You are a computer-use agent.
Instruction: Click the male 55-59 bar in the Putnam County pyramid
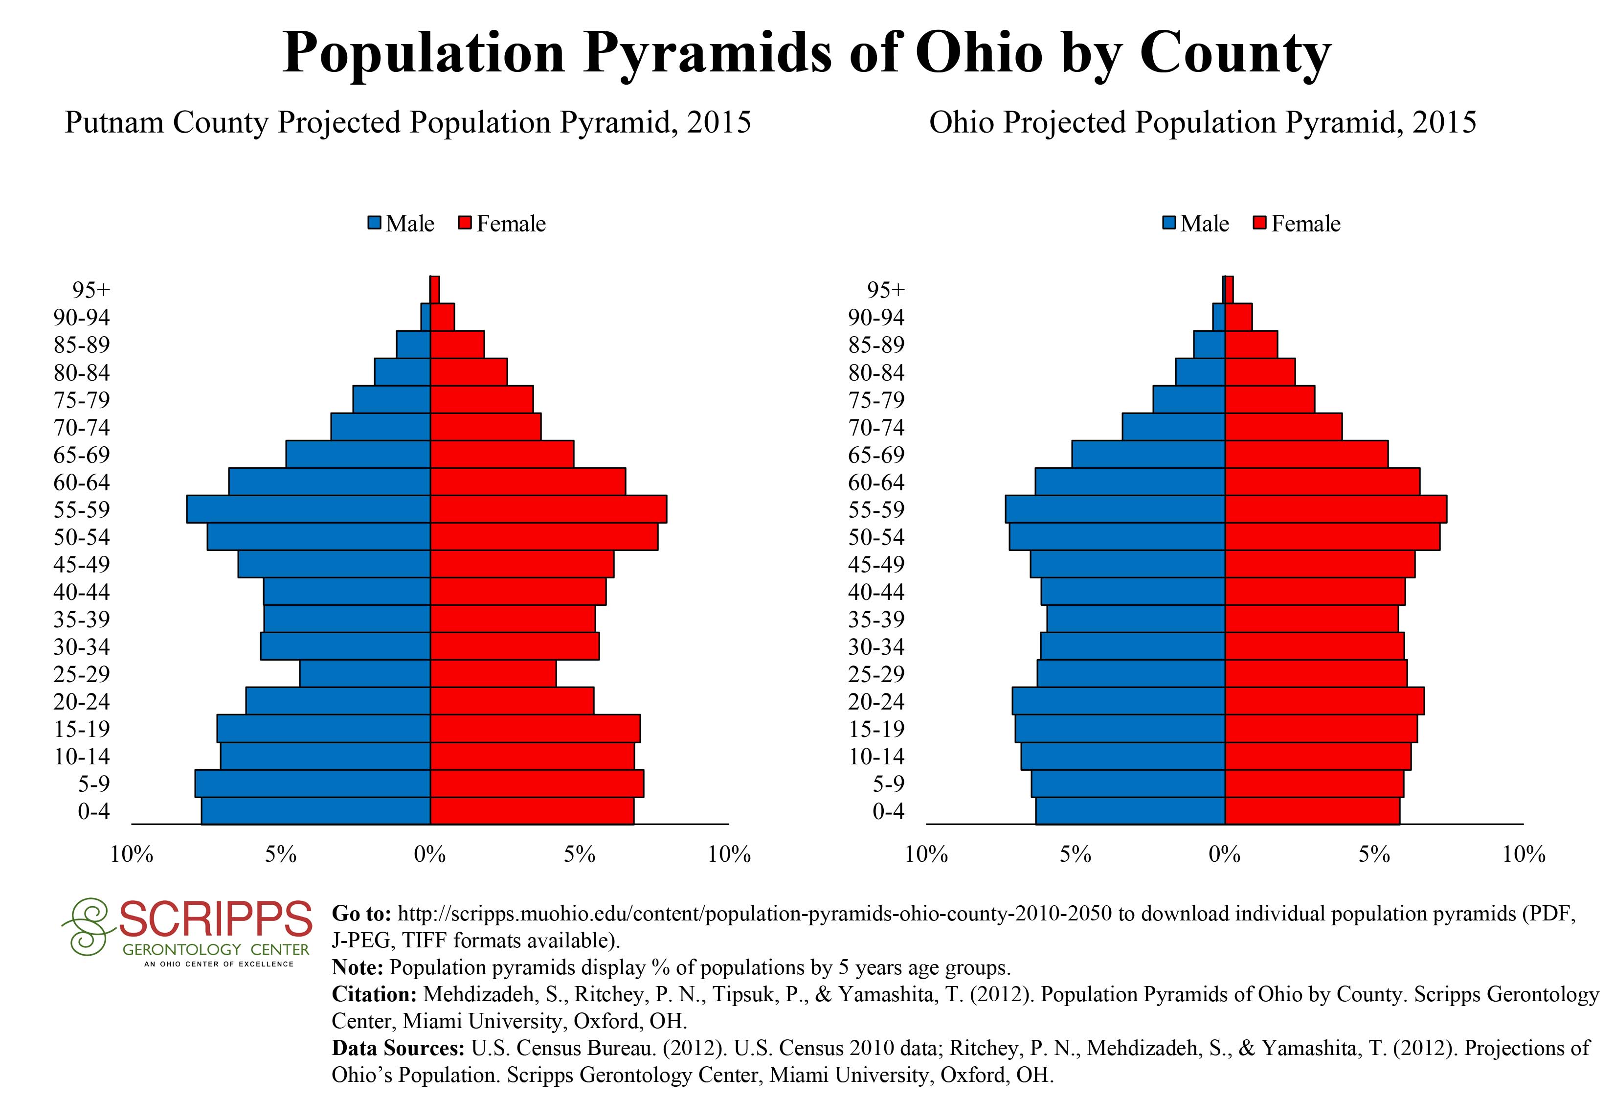pyautogui.click(x=308, y=509)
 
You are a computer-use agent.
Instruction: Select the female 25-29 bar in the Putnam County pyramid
pyautogui.click(x=493, y=674)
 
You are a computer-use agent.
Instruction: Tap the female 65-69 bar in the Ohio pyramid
pyautogui.click(x=1306, y=454)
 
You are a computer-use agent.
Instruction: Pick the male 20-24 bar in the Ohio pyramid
pyautogui.click(x=1118, y=701)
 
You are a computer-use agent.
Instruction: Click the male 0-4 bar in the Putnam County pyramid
pyautogui.click(x=316, y=811)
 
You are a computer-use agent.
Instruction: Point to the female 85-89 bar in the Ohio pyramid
pyautogui.click(x=1251, y=344)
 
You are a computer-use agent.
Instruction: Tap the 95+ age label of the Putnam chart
pyautogui.click(x=91, y=290)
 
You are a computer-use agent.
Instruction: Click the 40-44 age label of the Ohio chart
pyautogui.click(x=876, y=592)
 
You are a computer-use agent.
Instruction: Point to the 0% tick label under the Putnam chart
pyautogui.click(x=430, y=854)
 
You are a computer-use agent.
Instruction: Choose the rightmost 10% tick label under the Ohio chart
pyautogui.click(x=1524, y=854)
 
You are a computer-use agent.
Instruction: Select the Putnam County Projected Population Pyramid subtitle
pyautogui.click(x=408, y=123)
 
